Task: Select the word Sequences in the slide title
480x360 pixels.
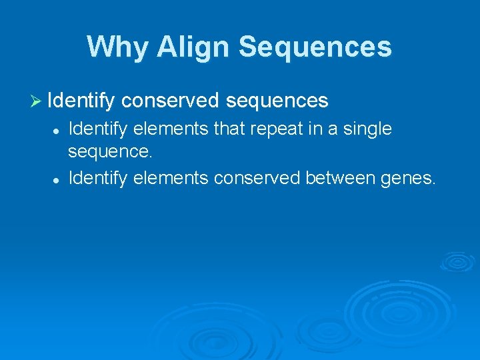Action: (315, 47)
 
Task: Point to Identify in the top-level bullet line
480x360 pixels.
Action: (81, 101)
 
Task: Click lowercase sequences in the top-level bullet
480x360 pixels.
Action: (277, 101)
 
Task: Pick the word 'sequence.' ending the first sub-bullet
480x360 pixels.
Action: (110, 151)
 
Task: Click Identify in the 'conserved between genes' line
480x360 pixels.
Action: (99, 177)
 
